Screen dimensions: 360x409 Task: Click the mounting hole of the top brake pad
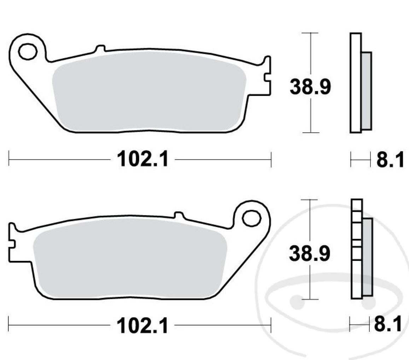tap(28, 52)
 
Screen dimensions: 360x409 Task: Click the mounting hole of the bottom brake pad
tap(251, 218)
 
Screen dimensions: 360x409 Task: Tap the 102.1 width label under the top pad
tap(143, 160)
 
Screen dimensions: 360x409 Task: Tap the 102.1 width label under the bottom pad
tap(143, 326)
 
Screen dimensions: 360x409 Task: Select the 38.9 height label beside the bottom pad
tap(310, 254)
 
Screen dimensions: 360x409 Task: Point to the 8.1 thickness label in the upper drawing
tap(390, 160)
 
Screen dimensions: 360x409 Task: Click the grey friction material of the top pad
tap(148, 94)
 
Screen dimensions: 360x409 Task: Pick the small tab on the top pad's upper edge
tap(100, 48)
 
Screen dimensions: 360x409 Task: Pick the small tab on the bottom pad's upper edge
tap(179, 215)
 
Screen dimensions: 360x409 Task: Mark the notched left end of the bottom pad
tap(12, 243)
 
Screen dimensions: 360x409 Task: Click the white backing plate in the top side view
tap(355, 83)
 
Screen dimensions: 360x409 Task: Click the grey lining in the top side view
tap(366, 91)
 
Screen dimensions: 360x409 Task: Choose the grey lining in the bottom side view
tap(368, 257)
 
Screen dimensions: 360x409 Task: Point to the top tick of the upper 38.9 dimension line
tap(310, 33)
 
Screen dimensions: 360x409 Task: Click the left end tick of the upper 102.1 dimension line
tap(9, 160)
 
